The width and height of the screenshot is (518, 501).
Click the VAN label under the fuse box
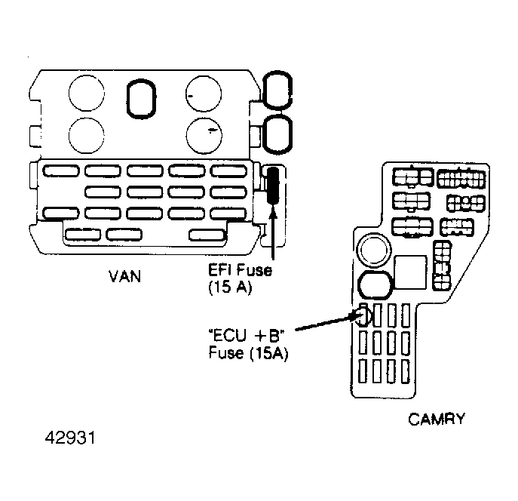[x=124, y=276]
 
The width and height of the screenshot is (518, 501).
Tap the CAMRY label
[x=437, y=419]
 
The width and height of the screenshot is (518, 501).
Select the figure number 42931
[x=70, y=438]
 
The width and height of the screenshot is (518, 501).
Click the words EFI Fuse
[x=241, y=270]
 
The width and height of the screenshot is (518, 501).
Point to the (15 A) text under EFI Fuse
[x=231, y=287]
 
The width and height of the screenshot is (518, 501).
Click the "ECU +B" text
[x=247, y=336]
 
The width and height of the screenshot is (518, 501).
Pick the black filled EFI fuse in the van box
[x=273, y=185]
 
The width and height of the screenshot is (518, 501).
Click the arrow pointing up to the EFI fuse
[x=273, y=232]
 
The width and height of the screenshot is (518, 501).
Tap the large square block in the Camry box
[x=410, y=272]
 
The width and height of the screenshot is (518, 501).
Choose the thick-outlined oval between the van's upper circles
[x=142, y=99]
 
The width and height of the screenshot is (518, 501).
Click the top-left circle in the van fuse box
[x=87, y=94]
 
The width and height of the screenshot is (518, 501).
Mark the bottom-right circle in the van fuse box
[x=204, y=136]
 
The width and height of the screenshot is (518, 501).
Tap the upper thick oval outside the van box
[x=277, y=90]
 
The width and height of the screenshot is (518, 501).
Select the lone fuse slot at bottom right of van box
[x=207, y=235]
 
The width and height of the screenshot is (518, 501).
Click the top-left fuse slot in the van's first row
[x=61, y=171]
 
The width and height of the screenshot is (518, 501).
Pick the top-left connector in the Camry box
[x=412, y=177]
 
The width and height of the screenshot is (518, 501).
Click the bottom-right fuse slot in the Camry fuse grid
[x=406, y=371]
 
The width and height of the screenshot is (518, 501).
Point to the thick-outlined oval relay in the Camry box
[x=375, y=285]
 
